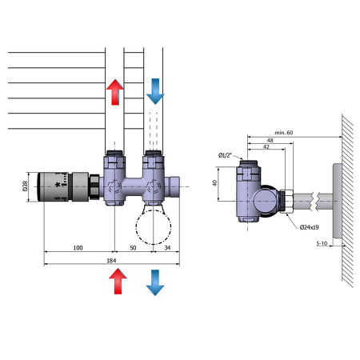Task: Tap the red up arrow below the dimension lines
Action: click(x=118, y=283)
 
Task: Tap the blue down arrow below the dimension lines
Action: click(x=154, y=283)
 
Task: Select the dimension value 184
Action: click(x=110, y=259)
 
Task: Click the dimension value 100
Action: click(x=78, y=248)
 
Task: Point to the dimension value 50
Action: click(x=132, y=248)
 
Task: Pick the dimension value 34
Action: click(x=166, y=248)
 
